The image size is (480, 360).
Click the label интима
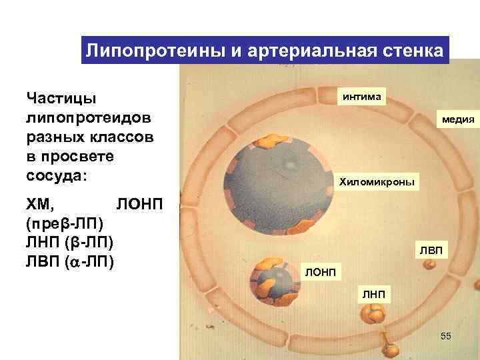(361, 97)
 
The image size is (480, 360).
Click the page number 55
(446, 336)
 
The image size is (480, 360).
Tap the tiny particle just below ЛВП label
(431, 265)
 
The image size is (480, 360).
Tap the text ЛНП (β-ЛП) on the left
(69, 240)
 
